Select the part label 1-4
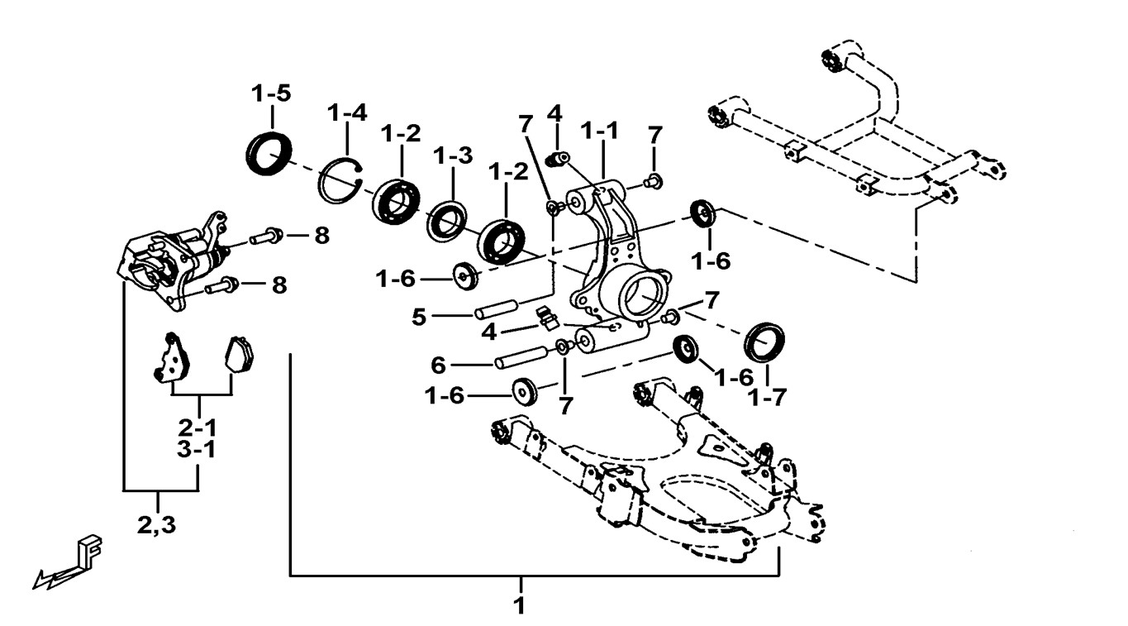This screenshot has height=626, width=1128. [346, 112]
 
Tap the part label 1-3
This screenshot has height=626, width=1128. [452, 155]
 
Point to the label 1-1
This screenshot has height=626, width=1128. [600, 131]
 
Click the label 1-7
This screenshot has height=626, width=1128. [767, 398]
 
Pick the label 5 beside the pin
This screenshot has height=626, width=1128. [419, 316]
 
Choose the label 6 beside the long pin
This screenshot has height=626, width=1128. [438, 364]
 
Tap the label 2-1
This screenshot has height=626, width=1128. [198, 428]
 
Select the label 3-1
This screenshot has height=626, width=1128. [198, 451]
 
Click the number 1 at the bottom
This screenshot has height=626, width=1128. [519, 604]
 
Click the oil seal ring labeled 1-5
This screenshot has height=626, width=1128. [269, 152]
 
